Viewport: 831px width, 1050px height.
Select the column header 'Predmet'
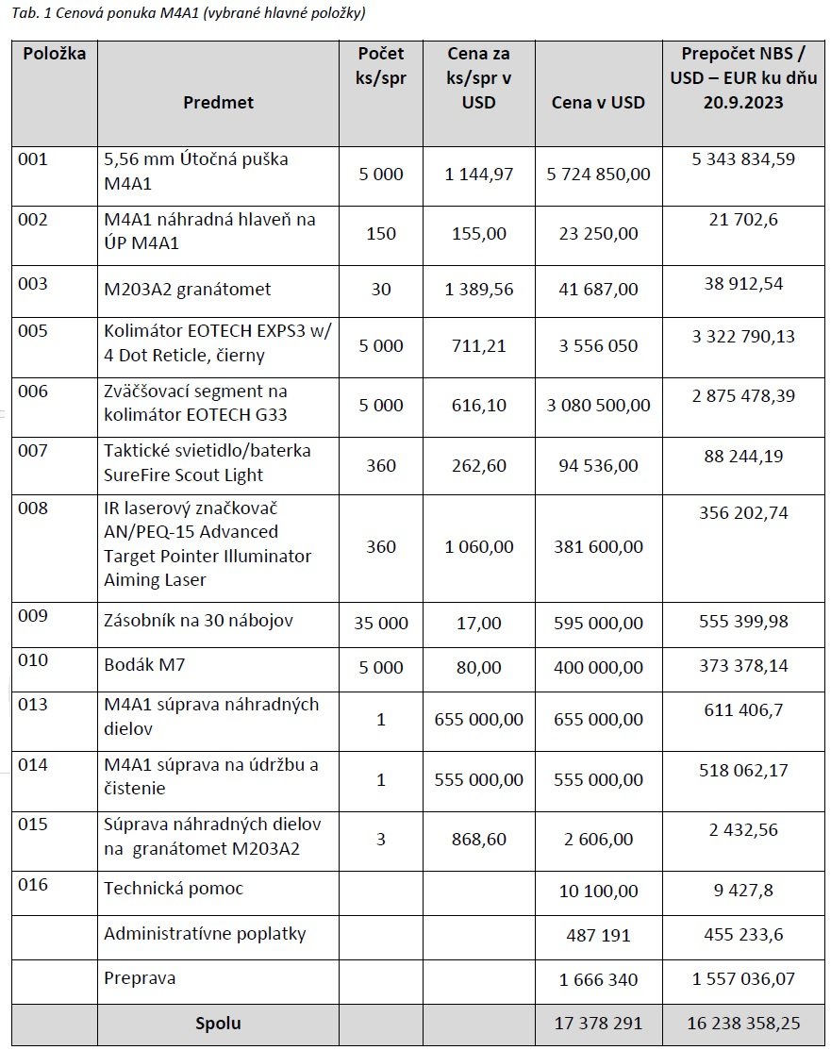[x=218, y=102]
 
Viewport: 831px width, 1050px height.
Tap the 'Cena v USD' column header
[x=598, y=102]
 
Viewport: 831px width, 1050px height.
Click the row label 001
[x=32, y=159]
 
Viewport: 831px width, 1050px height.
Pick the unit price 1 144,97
[x=479, y=175]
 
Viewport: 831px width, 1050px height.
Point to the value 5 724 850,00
[x=598, y=175]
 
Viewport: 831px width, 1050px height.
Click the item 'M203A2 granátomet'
[x=188, y=289]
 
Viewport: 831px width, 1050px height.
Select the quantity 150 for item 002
[x=381, y=233]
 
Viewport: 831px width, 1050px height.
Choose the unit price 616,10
[x=479, y=405]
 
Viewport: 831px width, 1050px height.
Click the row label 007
[x=32, y=451]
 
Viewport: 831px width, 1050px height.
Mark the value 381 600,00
[x=598, y=546]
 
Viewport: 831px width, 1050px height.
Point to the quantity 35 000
[x=381, y=623]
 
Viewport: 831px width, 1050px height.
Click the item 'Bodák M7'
[x=144, y=665]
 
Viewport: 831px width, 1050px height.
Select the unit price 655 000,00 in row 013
[x=479, y=720]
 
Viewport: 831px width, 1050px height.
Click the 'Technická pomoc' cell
[x=173, y=889]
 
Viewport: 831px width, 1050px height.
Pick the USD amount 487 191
[x=594, y=936]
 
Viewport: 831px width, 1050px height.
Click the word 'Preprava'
[x=140, y=977]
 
